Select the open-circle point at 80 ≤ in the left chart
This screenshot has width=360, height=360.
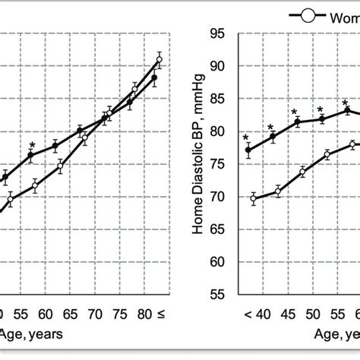(x=159, y=58)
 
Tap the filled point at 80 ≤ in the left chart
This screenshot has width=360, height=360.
(x=154, y=77)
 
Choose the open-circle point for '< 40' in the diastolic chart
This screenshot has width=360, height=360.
(x=253, y=199)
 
